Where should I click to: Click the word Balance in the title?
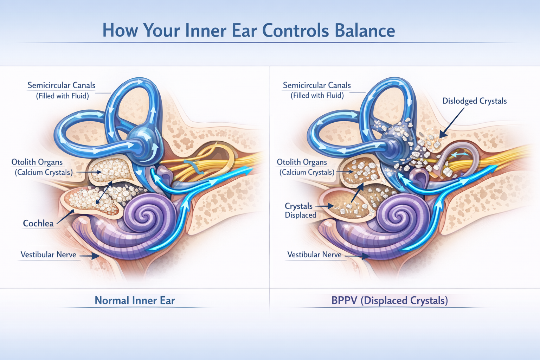point(365,31)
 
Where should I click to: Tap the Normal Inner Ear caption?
point(135,301)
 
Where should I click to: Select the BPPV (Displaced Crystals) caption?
point(390,301)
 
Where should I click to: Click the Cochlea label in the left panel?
point(38,223)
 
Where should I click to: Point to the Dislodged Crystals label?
point(474,101)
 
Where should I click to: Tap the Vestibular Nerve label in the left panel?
point(48,255)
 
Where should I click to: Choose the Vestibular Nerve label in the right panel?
point(314,255)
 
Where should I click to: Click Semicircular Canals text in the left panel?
point(62,85)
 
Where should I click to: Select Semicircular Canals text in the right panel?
point(317,85)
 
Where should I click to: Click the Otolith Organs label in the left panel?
point(37,162)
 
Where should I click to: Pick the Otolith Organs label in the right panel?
point(302,162)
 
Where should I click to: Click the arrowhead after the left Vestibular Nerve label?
point(96,256)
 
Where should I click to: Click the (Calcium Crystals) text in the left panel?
point(44,172)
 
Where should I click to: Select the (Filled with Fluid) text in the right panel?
point(317,96)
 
